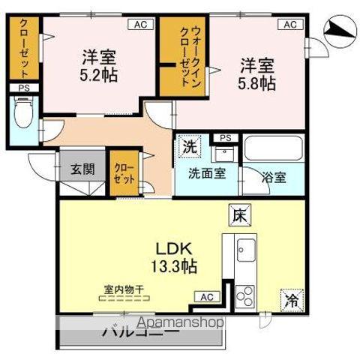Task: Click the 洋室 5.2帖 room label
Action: pos(99,65)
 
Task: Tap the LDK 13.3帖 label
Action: pos(176,256)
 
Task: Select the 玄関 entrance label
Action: pos(83,169)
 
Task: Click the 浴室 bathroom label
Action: pos(273,178)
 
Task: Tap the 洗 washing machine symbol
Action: pos(190,147)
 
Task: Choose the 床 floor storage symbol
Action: pos(239,215)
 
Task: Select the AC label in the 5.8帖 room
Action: pos(291,25)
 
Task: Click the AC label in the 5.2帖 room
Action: pos(140,25)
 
